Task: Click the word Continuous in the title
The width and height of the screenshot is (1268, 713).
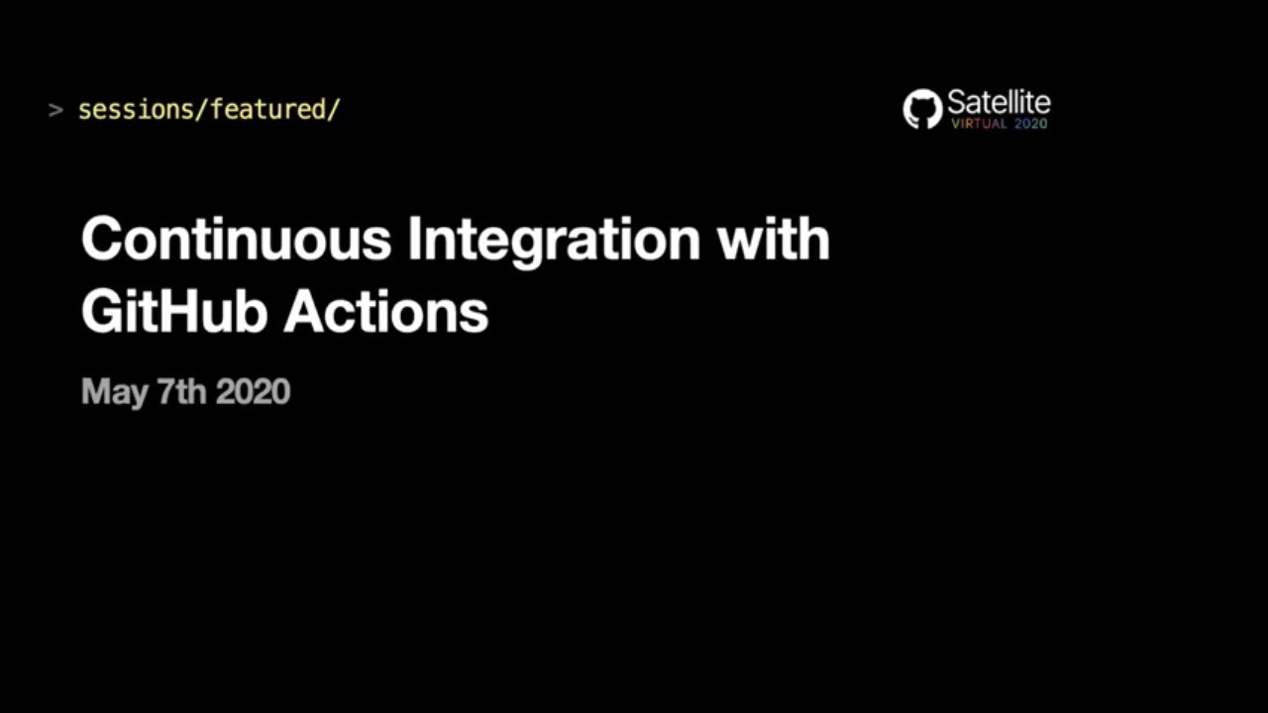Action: coord(237,240)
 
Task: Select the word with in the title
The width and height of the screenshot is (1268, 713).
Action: coord(774,240)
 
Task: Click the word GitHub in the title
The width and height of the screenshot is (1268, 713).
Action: coord(174,312)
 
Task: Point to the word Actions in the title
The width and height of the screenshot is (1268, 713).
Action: coord(386,312)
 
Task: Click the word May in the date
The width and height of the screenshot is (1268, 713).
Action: coord(114,392)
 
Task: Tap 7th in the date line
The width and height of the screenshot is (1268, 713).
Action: coord(182,391)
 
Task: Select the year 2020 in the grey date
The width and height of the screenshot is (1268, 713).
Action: coord(253,391)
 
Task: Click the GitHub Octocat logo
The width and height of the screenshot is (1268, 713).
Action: coord(922,109)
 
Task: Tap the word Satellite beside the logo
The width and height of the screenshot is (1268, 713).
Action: coord(999,102)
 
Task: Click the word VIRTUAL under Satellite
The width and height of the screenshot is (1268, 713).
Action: coord(979,124)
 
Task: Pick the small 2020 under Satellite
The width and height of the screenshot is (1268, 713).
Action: coord(1030,124)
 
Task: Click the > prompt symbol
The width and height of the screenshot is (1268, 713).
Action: coord(55,109)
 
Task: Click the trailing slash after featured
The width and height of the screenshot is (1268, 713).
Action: coord(334,109)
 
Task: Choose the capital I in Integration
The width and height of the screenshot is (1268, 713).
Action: coord(416,240)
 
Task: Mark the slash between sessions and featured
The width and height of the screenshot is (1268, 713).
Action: coord(202,109)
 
